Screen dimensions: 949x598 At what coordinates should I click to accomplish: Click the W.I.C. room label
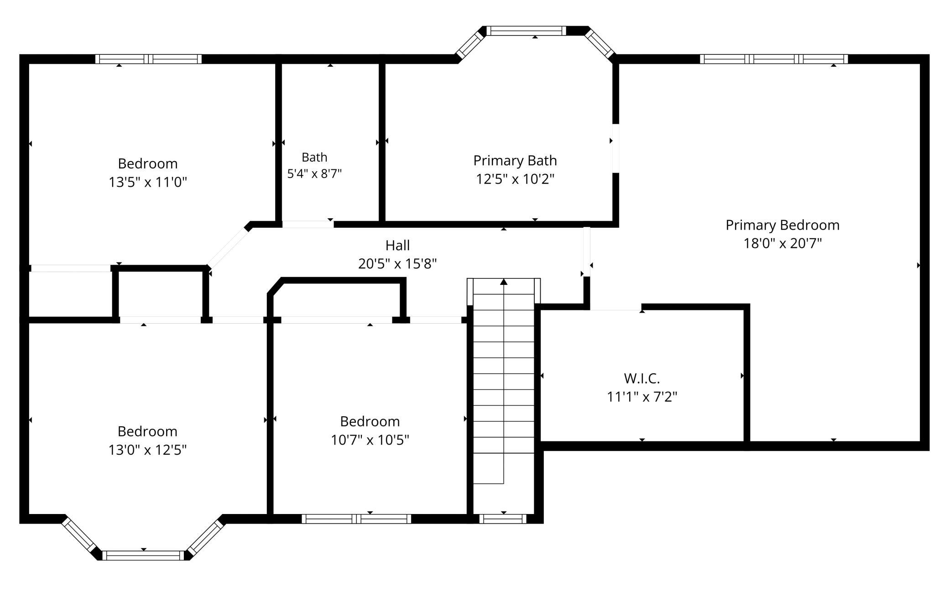[641, 378]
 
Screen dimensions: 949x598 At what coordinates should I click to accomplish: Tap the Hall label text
[397, 246]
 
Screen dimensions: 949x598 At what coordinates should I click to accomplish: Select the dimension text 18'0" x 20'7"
[782, 243]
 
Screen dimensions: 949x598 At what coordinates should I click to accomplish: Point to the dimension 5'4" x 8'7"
[314, 174]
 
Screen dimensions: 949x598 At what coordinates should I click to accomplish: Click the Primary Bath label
[515, 161]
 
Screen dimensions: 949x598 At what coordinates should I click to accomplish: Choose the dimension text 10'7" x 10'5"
[370, 440]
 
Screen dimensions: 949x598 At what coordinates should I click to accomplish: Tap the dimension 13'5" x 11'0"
[147, 183]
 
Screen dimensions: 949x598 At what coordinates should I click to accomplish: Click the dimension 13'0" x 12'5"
[147, 450]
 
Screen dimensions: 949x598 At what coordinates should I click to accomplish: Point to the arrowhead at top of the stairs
[504, 282]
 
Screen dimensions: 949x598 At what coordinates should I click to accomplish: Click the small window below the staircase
[503, 519]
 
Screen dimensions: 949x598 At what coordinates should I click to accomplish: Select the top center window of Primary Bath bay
[526, 31]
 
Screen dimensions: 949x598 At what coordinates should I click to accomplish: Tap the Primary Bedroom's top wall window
[774, 59]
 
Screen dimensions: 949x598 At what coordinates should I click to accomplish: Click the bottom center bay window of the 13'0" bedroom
[143, 556]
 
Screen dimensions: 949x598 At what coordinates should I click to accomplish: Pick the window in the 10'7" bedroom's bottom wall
[356, 519]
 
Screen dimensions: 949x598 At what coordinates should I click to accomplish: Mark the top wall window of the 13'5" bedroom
[148, 59]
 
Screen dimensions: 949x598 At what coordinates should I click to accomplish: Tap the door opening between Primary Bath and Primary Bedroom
[615, 148]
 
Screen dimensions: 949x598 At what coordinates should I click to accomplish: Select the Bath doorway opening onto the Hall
[308, 224]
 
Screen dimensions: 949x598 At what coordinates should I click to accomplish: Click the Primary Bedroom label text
[782, 225]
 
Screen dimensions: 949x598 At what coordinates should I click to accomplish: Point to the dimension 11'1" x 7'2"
[641, 397]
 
